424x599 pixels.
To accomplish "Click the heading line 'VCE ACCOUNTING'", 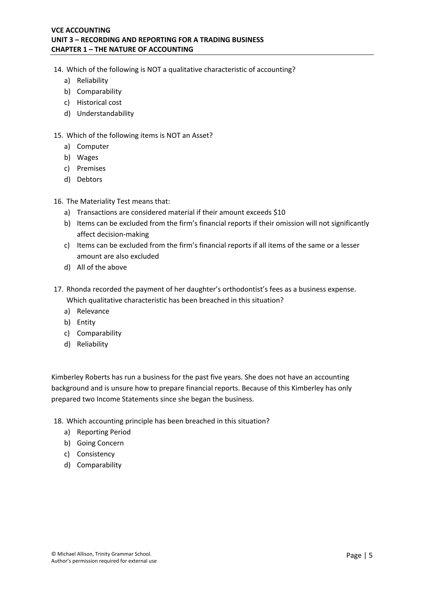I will [x=81, y=30].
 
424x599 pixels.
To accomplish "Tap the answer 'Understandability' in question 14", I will [x=105, y=114].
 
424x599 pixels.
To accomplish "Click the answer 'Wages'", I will [x=88, y=158].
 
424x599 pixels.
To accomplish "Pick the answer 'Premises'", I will [x=91, y=169].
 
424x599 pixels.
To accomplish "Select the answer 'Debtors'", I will [x=89, y=179].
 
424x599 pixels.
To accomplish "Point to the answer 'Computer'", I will [x=93, y=147].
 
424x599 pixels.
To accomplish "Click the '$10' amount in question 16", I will [x=279, y=212].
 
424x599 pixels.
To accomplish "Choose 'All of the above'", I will [x=102, y=267].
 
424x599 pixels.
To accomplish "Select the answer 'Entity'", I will [x=86, y=323].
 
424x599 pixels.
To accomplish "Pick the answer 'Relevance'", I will [x=93, y=311].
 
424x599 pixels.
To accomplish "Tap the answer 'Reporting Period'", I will [x=104, y=432].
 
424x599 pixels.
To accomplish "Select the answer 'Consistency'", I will [x=96, y=454].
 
